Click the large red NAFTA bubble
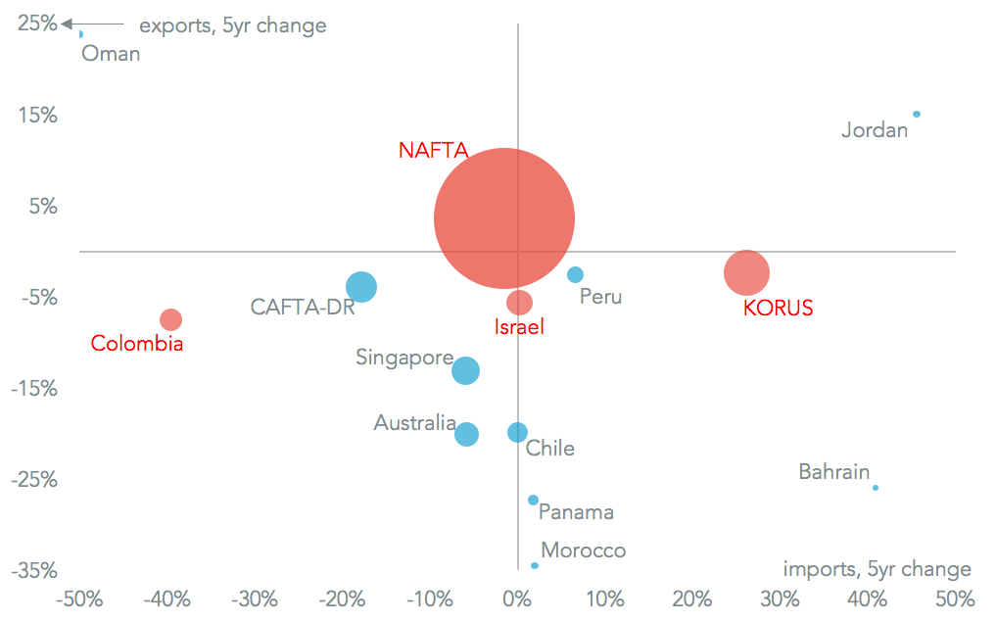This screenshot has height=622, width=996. tap(503, 218)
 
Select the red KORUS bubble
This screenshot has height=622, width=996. tap(747, 272)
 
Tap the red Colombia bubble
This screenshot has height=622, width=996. tap(170, 319)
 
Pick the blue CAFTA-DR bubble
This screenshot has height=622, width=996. tap(361, 287)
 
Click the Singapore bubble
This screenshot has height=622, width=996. tap(465, 370)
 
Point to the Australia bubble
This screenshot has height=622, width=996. tap(466, 434)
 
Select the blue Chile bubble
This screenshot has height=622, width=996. tap(517, 432)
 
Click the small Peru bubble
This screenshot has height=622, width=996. tap(575, 275)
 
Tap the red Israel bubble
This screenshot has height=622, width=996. tap(519, 302)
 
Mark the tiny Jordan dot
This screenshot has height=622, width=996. tap(917, 115)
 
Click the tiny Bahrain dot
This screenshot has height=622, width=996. tap(876, 488)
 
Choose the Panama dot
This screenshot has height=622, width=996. tap(533, 500)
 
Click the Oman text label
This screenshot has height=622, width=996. tap(111, 54)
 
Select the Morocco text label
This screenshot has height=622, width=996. tap(583, 550)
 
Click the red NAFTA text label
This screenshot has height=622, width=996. tap(433, 150)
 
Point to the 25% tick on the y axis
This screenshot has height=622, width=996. tap(37, 23)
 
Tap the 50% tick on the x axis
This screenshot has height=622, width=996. tap(955, 598)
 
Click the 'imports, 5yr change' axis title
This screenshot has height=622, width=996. tap(877, 569)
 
